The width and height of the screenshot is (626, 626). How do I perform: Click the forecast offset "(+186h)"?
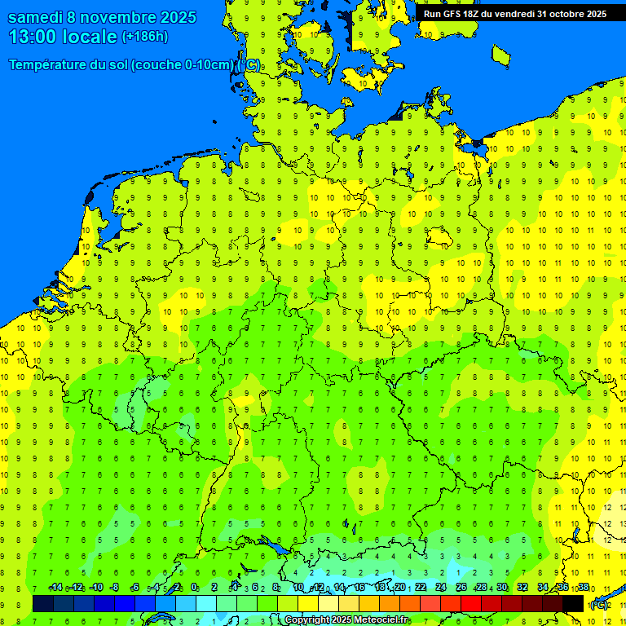click(145, 37)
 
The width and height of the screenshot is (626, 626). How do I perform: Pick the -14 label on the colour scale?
click(55, 588)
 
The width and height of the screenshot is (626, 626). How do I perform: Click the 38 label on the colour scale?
click(584, 588)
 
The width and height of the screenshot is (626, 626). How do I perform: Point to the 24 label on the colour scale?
click(441, 588)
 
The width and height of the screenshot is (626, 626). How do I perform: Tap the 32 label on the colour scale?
click(522, 588)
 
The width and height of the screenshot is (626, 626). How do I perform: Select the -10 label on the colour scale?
click(95, 588)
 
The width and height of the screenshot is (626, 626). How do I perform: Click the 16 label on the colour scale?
click(359, 588)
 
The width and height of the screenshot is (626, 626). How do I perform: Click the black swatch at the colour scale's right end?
click(573, 603)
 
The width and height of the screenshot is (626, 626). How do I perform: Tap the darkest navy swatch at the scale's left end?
click(43, 603)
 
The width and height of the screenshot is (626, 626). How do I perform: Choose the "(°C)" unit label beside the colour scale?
click(599, 605)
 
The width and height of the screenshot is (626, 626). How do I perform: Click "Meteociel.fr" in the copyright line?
click(381, 620)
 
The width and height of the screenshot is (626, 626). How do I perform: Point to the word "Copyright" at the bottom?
click(307, 620)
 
